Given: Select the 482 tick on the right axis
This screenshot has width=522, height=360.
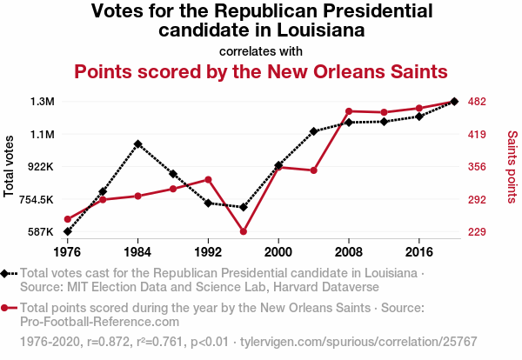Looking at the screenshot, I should [x=477, y=102].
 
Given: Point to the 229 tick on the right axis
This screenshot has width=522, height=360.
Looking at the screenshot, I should [x=477, y=232].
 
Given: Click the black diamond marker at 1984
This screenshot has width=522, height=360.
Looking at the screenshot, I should [x=137, y=143].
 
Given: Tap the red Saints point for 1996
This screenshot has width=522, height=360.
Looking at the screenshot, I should [x=244, y=231].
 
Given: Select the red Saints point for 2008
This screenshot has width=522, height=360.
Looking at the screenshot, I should [x=348, y=111].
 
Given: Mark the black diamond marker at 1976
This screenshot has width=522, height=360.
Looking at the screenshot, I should [x=67, y=231].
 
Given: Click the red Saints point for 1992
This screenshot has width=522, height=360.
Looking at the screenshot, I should [x=208, y=179].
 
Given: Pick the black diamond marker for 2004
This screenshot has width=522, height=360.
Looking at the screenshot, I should [x=313, y=131].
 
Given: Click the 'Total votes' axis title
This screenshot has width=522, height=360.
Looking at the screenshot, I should [x=10, y=166].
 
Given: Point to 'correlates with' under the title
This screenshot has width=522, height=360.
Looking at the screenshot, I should [x=261, y=50].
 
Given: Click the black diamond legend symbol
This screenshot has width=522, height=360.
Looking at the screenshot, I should [x=7, y=273].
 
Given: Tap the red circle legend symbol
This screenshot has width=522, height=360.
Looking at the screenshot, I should [x=7, y=308].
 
